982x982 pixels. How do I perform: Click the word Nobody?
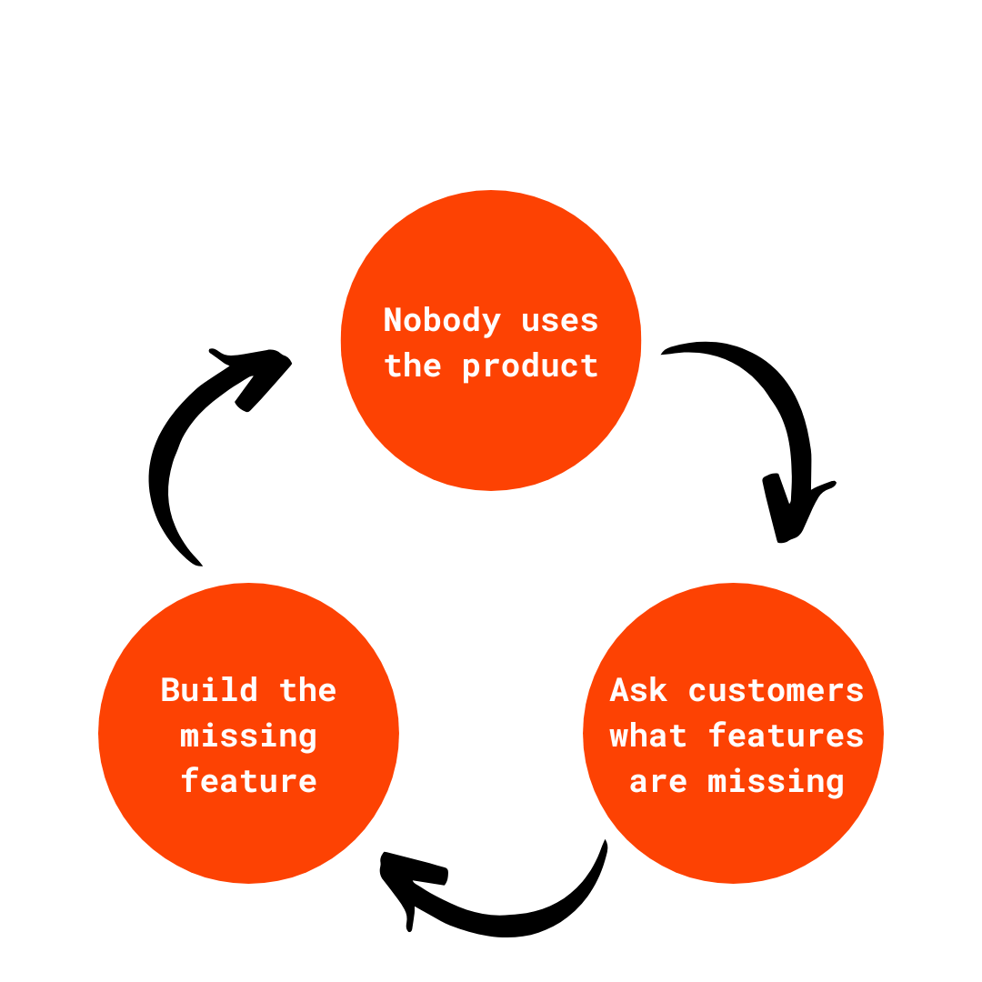pyautogui.click(x=442, y=321)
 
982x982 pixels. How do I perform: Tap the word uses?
pyautogui.click(x=560, y=321)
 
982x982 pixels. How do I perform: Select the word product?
pyautogui.click(x=530, y=366)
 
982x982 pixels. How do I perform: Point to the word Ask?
pyautogui.click(x=638, y=690)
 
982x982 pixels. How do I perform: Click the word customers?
pyautogui.click(x=776, y=690)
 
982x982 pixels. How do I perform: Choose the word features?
pyautogui.click(x=786, y=736)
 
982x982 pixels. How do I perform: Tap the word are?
pyautogui.click(x=657, y=781)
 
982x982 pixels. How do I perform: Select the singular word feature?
pyautogui.click(x=248, y=781)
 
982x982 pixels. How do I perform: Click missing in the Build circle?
pyautogui.click(x=248, y=736)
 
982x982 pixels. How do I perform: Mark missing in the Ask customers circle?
pyautogui.click(x=776, y=781)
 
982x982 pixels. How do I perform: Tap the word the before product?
pyautogui.click(x=412, y=366)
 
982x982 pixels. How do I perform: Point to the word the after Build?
pyautogui.click(x=307, y=690)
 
